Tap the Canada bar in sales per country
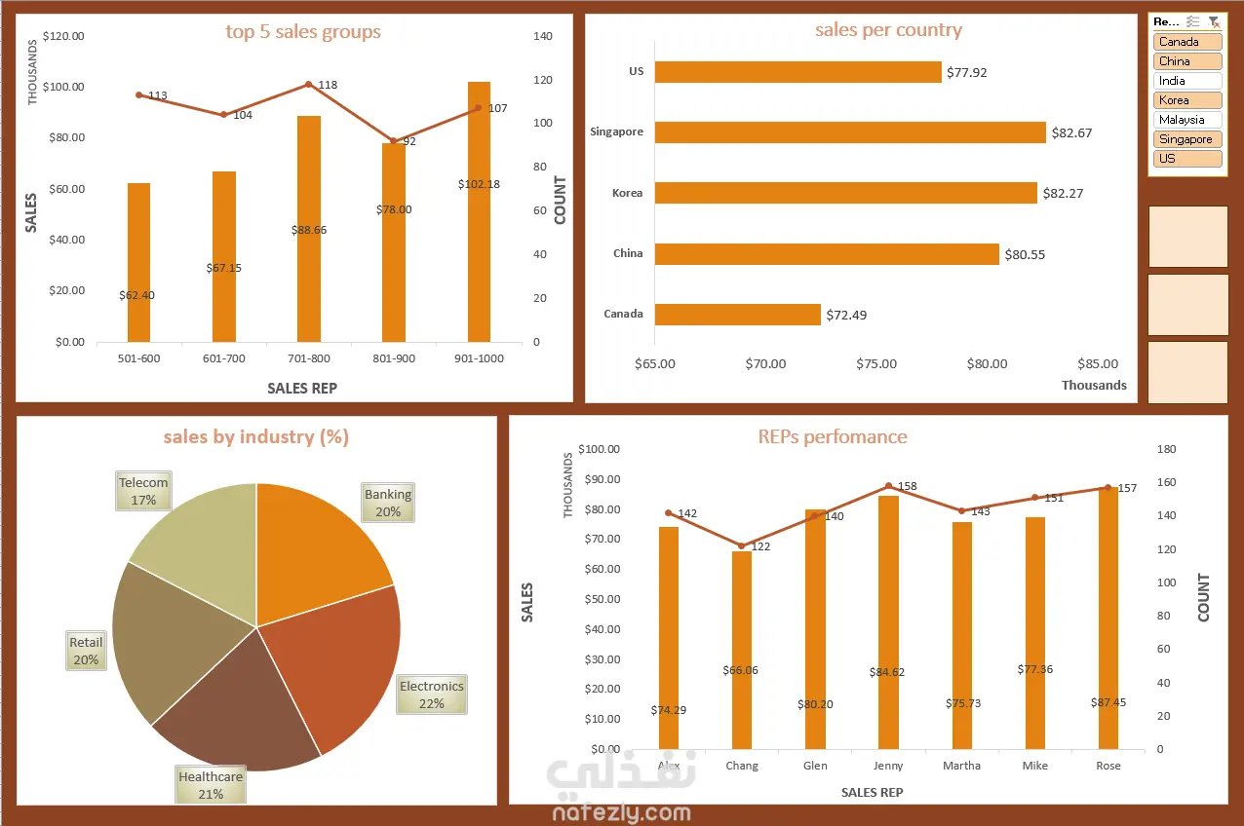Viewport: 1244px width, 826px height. [x=738, y=315]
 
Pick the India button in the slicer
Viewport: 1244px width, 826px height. [x=1186, y=81]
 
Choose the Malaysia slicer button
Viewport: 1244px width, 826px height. [x=1186, y=120]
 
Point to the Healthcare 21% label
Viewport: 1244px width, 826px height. [x=211, y=785]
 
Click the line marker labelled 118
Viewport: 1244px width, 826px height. [x=309, y=85]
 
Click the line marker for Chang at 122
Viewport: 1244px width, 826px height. [x=742, y=546]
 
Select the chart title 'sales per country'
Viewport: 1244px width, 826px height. [x=888, y=30]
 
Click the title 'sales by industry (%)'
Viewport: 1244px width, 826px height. [x=255, y=436]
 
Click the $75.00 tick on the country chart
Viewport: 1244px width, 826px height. [x=876, y=364]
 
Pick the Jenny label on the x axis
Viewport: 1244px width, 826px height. [x=888, y=766]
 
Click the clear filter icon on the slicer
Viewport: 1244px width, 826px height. [x=1213, y=21]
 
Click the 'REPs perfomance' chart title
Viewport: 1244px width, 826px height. [x=832, y=436]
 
